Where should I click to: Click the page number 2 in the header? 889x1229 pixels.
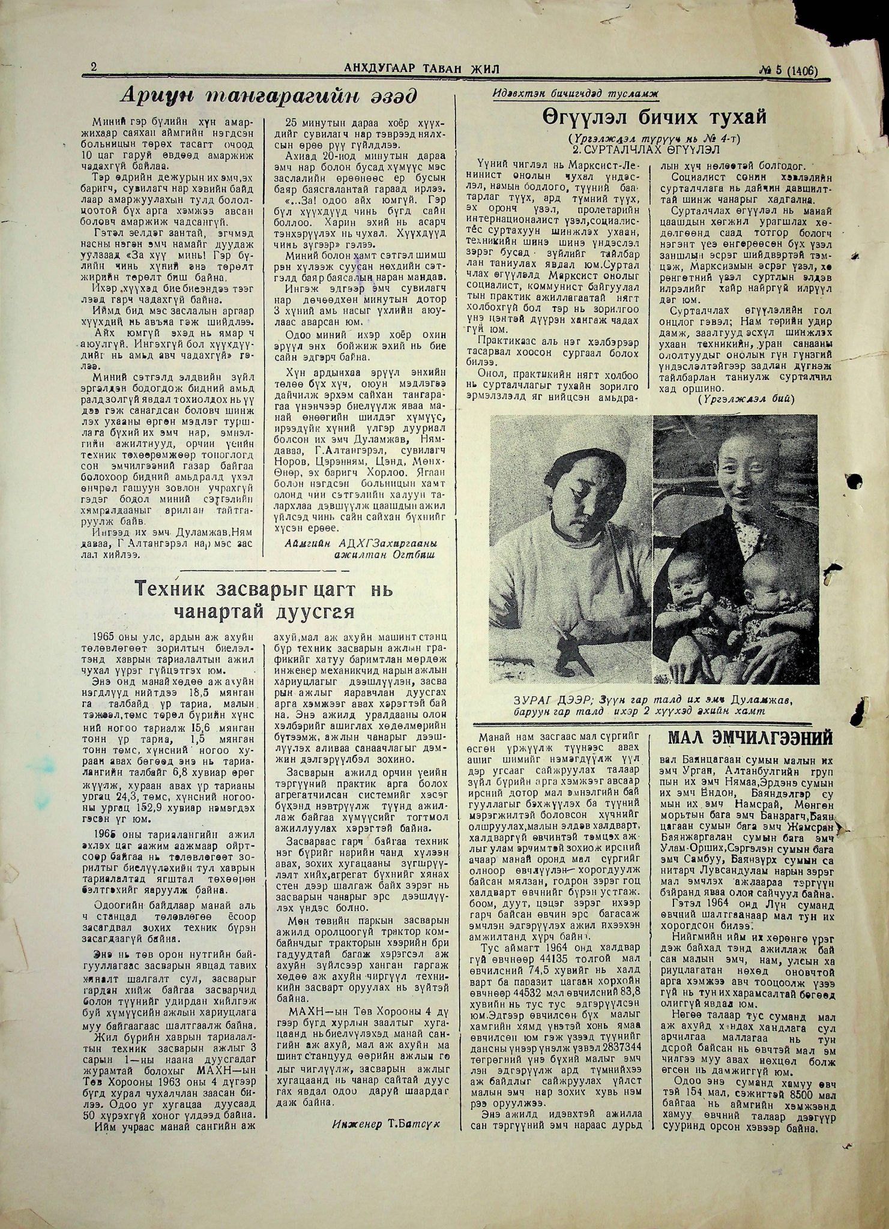[94, 68]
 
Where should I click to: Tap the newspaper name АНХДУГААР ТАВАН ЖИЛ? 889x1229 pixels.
[422, 69]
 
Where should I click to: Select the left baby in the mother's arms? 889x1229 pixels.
[691, 590]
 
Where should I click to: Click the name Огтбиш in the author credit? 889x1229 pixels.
[415, 556]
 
